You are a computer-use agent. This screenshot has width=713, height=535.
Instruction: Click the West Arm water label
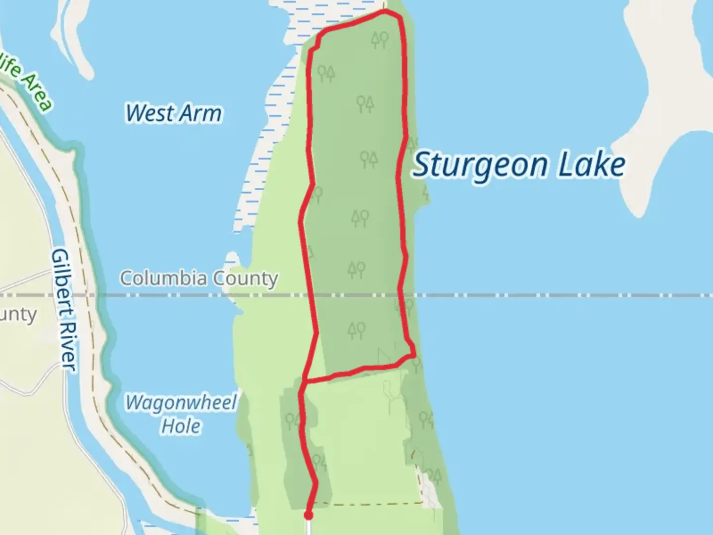point(173,113)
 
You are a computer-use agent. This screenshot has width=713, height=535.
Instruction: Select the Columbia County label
point(199,278)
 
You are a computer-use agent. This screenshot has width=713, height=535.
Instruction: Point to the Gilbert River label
point(64,310)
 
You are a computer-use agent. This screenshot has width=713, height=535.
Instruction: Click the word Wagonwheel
point(181,402)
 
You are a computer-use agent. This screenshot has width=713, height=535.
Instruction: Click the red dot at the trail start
point(308,516)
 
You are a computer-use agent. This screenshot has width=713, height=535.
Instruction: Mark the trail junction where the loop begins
point(305,381)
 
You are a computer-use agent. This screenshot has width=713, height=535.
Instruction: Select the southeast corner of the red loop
point(413,355)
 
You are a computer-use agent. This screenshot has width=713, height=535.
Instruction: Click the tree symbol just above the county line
point(356,269)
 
